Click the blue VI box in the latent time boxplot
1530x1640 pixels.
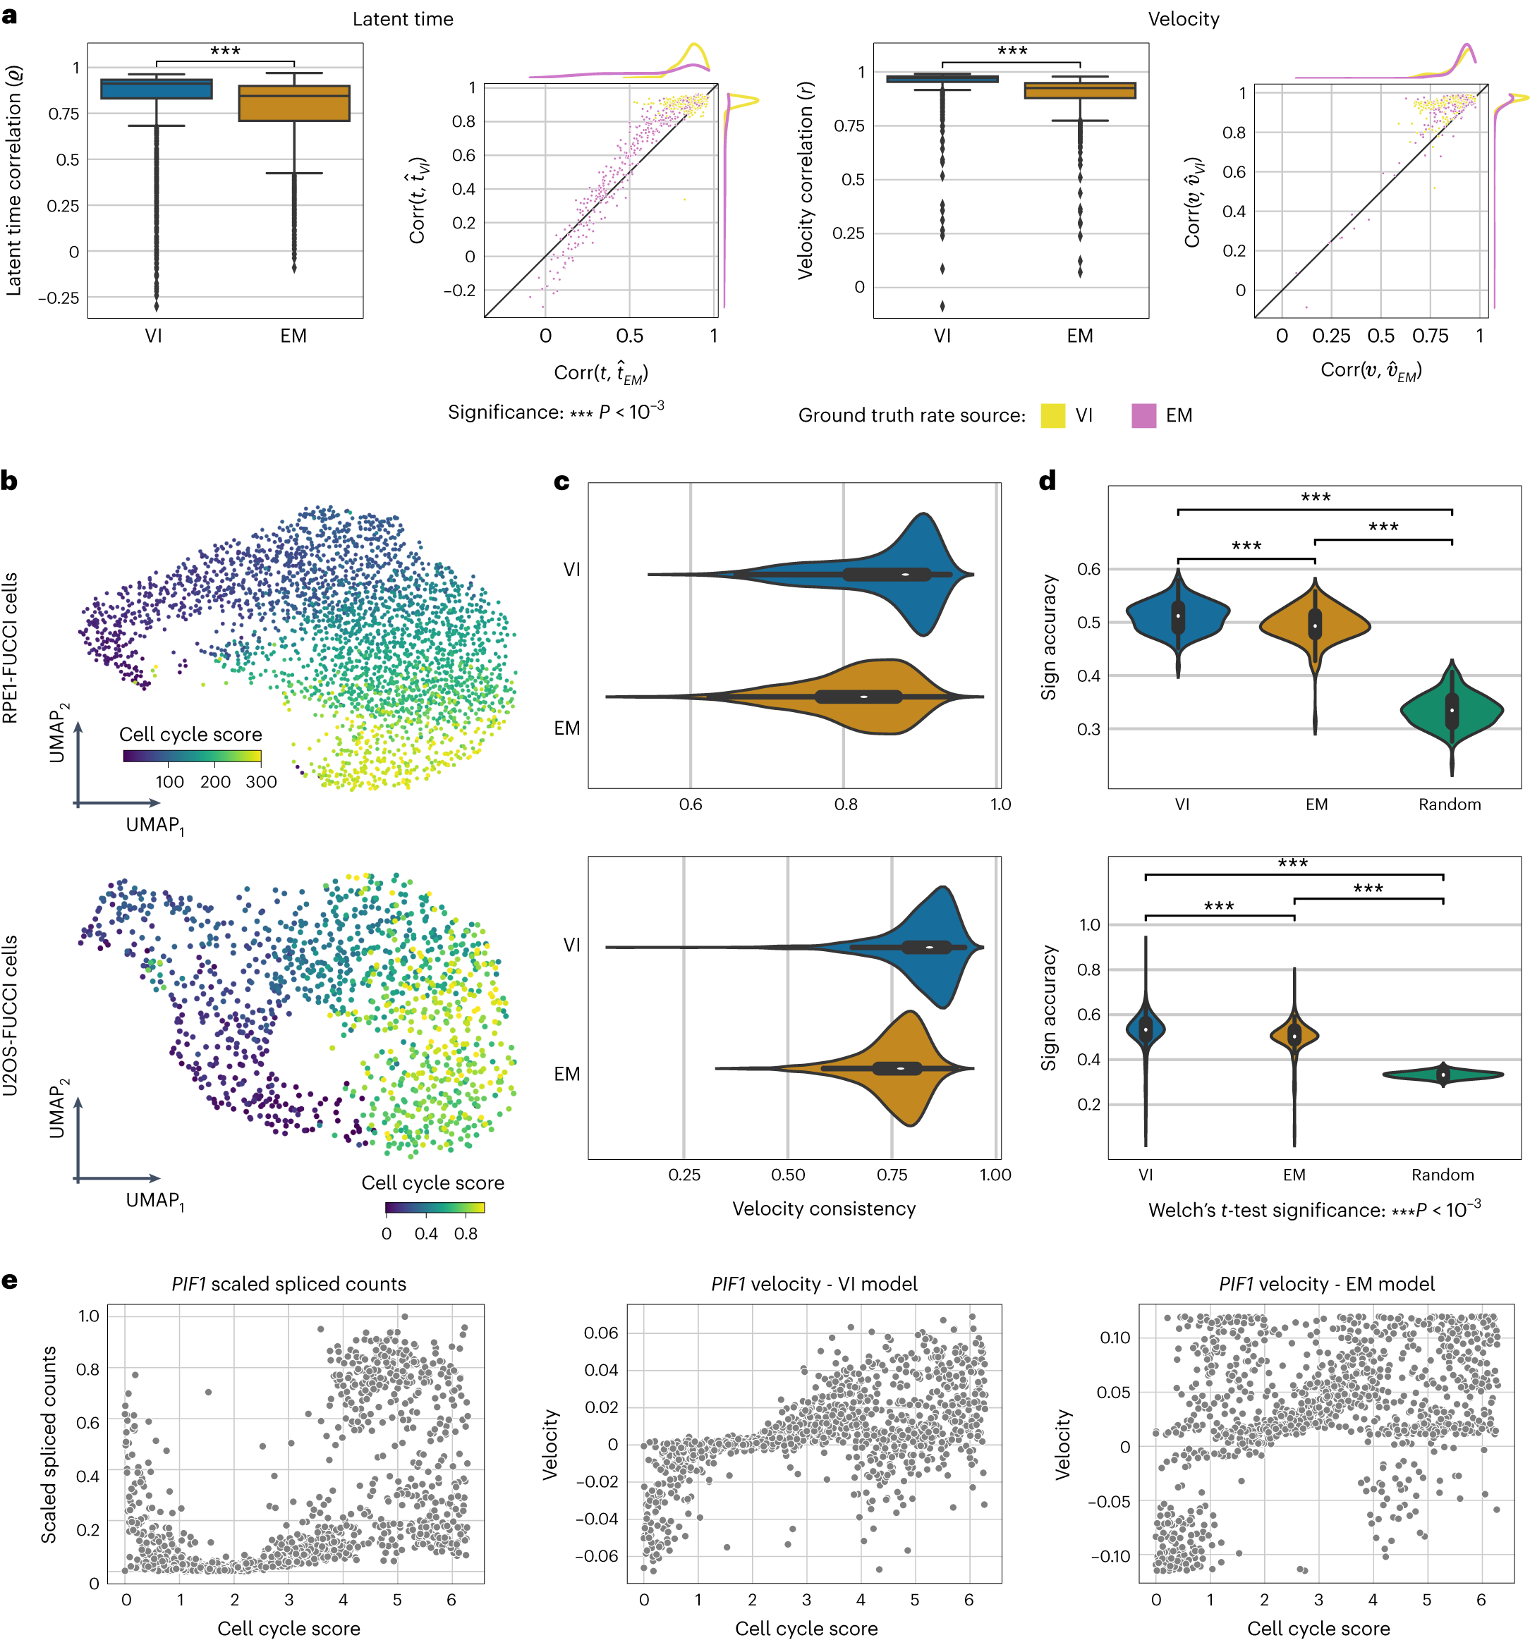pyautogui.click(x=156, y=89)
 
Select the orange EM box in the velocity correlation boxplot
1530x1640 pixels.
pyautogui.click(x=1079, y=91)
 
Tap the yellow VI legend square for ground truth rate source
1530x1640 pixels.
pyautogui.click(x=1052, y=415)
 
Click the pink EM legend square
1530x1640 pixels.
pyautogui.click(x=1143, y=415)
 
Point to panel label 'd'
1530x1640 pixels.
pyautogui.click(x=1048, y=480)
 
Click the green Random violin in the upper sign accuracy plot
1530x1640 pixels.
pyautogui.click(x=1452, y=709)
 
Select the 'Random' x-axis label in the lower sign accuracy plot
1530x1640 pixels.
pyautogui.click(x=1442, y=1174)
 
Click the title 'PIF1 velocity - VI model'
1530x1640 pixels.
pyautogui.click(x=814, y=1284)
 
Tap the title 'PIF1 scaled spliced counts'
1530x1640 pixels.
pyautogui.click(x=289, y=1284)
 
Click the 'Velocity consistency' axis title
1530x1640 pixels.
pyautogui.click(x=824, y=1208)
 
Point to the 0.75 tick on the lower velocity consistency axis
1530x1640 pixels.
pyautogui.click(x=891, y=1175)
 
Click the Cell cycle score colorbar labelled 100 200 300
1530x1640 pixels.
pyautogui.click(x=191, y=756)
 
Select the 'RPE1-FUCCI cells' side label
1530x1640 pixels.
pyautogui.click(x=10, y=647)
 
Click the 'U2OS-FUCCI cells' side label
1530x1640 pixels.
pyautogui.click(x=10, y=1015)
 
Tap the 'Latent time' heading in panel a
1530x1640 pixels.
pyautogui.click(x=403, y=19)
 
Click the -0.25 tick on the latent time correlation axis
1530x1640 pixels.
pyautogui.click(x=58, y=298)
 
